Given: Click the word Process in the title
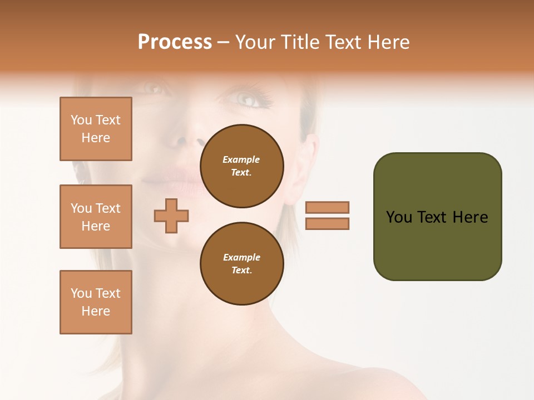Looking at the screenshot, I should (x=175, y=42).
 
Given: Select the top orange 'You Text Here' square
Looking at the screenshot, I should (x=96, y=129).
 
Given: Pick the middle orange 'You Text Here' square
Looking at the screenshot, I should (x=96, y=217).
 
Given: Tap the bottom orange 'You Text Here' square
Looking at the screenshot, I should (x=96, y=302).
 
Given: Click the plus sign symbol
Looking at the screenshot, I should (x=171, y=216).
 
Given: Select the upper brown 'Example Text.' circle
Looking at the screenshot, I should (x=241, y=166).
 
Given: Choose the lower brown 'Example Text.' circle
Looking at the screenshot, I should (x=241, y=264).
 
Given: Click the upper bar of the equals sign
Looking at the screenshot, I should (x=328, y=207).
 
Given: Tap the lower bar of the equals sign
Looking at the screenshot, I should (x=328, y=223).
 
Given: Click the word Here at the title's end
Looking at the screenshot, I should (x=388, y=42).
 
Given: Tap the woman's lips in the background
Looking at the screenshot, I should (x=177, y=181).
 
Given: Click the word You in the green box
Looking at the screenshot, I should (x=399, y=217).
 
